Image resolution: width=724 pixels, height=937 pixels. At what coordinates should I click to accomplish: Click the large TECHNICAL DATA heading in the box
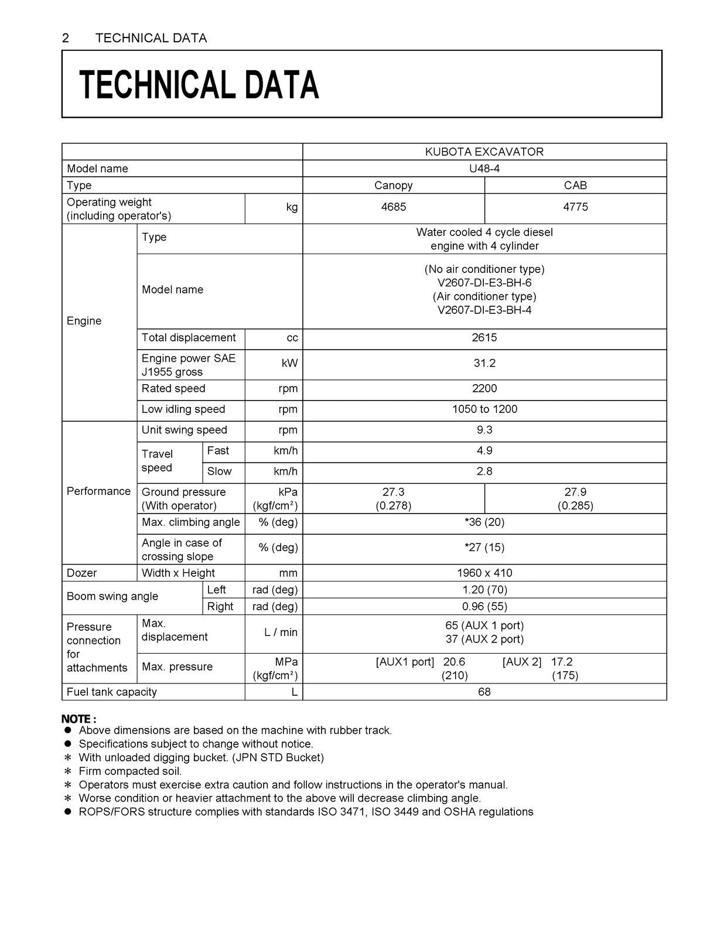pyautogui.click(x=199, y=84)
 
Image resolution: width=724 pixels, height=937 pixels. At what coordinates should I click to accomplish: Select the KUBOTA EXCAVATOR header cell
pyautogui.click(x=484, y=152)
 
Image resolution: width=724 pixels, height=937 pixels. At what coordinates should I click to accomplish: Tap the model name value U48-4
pyautogui.click(x=484, y=169)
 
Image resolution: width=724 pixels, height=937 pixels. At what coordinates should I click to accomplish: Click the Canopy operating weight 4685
pyautogui.click(x=393, y=207)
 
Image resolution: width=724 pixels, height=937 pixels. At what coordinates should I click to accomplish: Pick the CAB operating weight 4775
pyautogui.click(x=575, y=207)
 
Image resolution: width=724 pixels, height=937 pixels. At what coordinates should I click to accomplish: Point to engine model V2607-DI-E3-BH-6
pyautogui.click(x=484, y=283)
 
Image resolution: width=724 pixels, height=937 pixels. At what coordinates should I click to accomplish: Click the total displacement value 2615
pyautogui.click(x=484, y=338)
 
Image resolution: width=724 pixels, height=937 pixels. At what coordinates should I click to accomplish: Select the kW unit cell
pyautogui.click(x=289, y=363)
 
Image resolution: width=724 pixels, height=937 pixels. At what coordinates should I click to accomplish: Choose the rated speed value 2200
pyautogui.click(x=484, y=389)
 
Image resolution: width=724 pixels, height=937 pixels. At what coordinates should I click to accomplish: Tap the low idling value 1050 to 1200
pyautogui.click(x=484, y=409)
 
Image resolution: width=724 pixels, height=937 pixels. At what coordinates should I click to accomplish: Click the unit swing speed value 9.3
pyautogui.click(x=484, y=430)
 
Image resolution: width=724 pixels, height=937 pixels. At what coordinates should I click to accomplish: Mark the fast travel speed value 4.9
pyautogui.click(x=484, y=451)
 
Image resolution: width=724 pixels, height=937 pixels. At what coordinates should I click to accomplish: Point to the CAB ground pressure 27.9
pyautogui.click(x=575, y=492)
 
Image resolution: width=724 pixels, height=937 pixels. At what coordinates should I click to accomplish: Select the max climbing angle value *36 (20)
pyautogui.click(x=484, y=522)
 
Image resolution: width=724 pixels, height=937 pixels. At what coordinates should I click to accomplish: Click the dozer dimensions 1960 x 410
pyautogui.click(x=484, y=573)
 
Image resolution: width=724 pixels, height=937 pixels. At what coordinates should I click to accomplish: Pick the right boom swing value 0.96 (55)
pyautogui.click(x=484, y=607)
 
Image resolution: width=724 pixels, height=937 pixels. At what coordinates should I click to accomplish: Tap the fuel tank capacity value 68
pyautogui.click(x=484, y=692)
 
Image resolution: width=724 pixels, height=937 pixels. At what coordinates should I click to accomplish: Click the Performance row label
pyautogui.click(x=98, y=491)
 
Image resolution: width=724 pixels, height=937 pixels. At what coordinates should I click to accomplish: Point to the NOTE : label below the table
pyautogui.click(x=79, y=719)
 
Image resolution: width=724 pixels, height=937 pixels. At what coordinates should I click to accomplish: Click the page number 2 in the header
pyautogui.click(x=66, y=38)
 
